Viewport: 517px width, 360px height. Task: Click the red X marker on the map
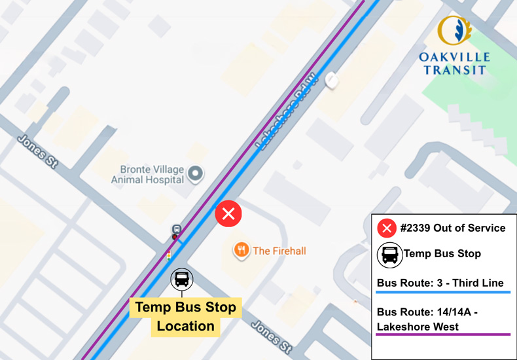click(x=228, y=214)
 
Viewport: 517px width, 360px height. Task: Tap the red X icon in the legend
click(x=387, y=228)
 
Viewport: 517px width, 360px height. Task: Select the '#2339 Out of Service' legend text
click(x=451, y=228)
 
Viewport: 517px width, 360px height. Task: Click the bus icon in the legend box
click(x=390, y=254)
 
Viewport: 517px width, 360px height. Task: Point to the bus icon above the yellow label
click(x=182, y=279)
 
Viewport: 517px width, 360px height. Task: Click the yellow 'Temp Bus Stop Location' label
click(x=185, y=317)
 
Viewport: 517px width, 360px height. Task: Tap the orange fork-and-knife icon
click(x=241, y=250)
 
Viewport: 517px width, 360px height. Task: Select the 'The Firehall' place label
click(x=279, y=251)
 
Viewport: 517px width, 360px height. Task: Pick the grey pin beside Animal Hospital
click(x=195, y=174)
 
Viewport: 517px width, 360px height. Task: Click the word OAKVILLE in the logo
click(x=454, y=57)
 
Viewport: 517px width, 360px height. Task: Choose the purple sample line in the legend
click(x=442, y=334)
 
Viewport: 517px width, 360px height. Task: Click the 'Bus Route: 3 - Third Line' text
click(x=440, y=283)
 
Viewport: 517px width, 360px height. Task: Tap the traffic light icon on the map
click(x=169, y=255)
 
